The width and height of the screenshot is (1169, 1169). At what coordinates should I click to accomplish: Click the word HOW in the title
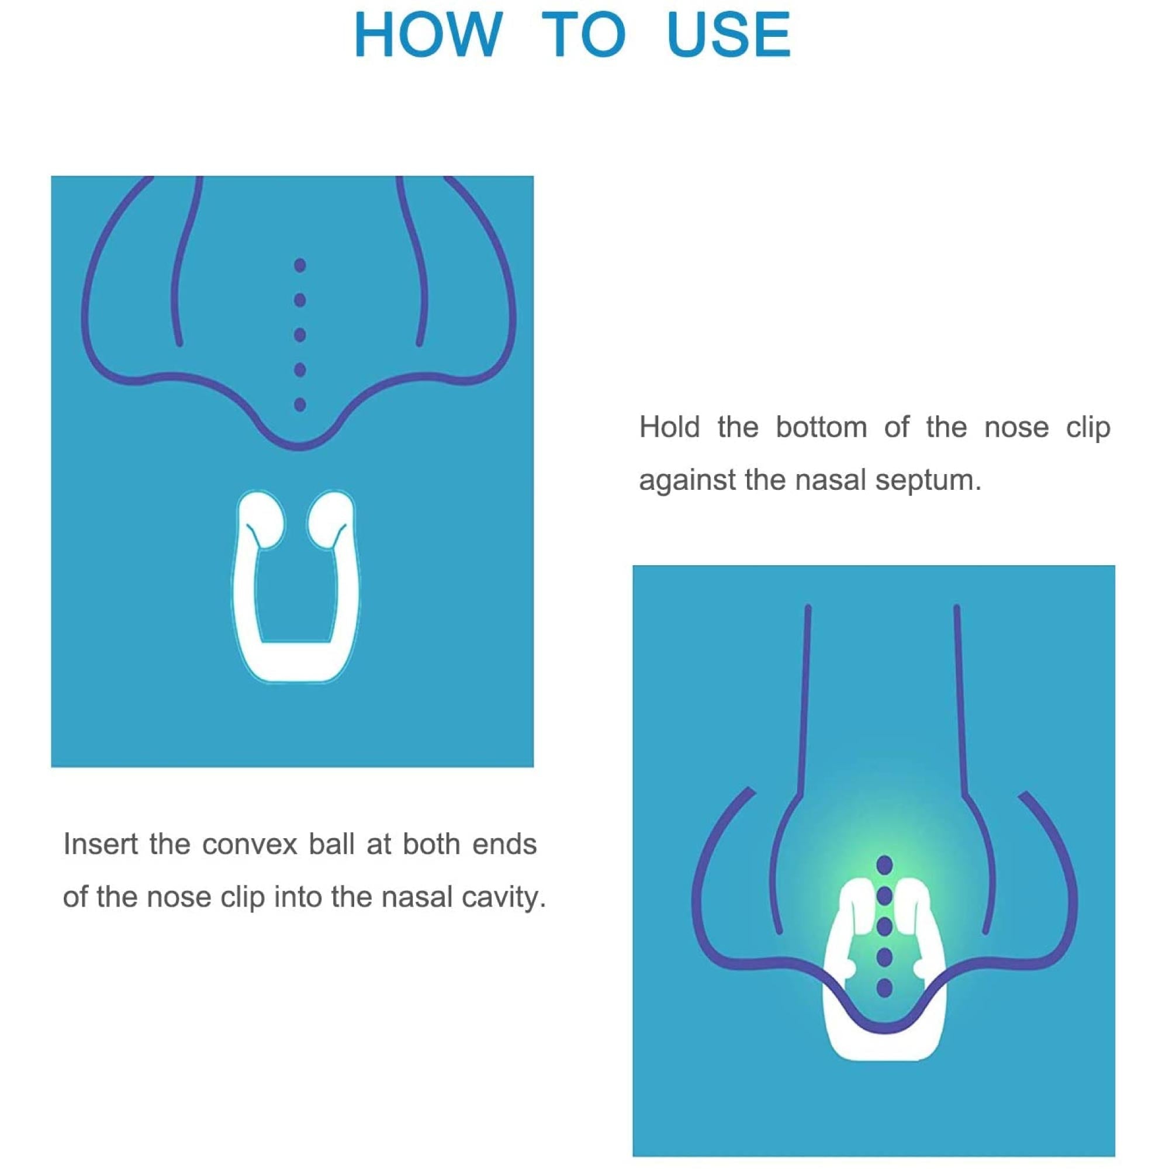tap(428, 34)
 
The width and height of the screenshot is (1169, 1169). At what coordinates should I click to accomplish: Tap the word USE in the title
tap(728, 34)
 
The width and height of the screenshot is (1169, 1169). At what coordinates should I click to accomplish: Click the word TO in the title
tap(583, 34)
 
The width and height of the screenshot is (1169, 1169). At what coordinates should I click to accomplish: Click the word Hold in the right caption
tap(669, 427)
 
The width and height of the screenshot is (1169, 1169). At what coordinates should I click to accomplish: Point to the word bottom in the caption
tap(821, 427)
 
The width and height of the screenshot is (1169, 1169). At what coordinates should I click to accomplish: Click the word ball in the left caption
tap(331, 844)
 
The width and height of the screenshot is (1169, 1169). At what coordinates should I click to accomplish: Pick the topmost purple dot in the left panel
tap(299, 265)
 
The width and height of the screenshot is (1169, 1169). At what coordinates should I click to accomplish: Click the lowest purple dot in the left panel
tap(299, 404)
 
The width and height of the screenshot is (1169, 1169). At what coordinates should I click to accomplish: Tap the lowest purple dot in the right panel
tap(884, 988)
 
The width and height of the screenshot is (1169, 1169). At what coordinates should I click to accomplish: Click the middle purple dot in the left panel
tap(299, 334)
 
